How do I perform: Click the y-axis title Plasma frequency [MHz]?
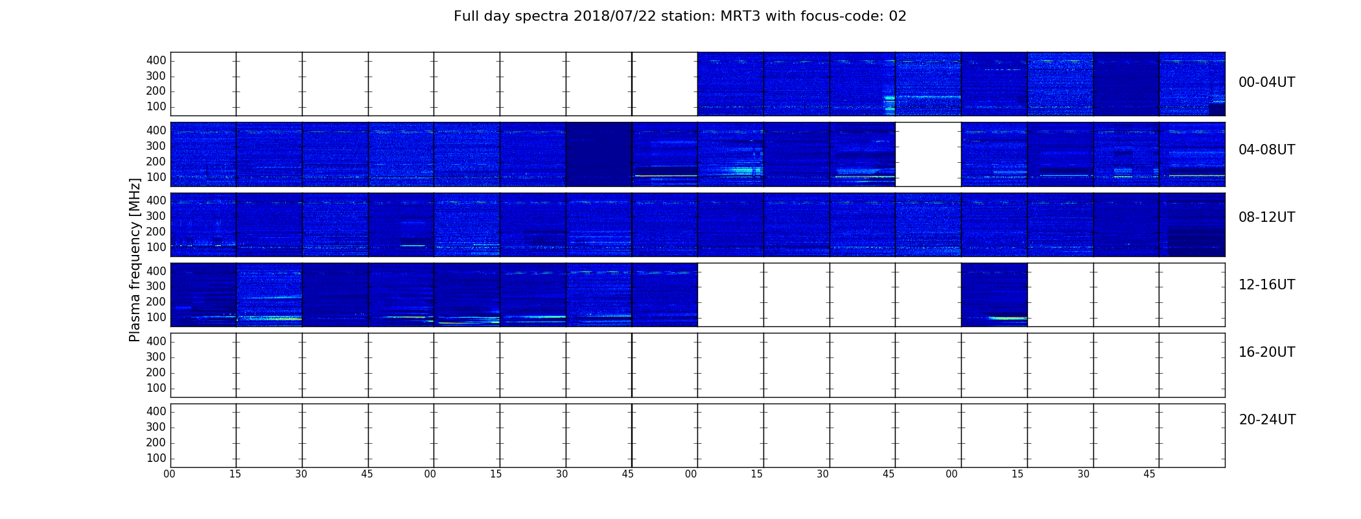click(135, 260)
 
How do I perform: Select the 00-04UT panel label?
click(1267, 82)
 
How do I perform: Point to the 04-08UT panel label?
click(1267, 150)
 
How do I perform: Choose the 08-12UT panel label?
click(1267, 217)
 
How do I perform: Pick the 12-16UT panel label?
click(1267, 285)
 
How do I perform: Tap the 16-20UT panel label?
click(1267, 352)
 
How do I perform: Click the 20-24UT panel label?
click(1267, 420)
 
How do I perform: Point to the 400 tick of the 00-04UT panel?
click(156, 60)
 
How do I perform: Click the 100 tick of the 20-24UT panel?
click(156, 458)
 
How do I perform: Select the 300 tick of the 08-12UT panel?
click(156, 216)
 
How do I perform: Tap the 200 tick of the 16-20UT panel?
click(156, 372)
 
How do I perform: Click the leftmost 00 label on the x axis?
click(170, 474)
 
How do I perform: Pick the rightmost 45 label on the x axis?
click(1149, 474)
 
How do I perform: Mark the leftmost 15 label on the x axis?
click(235, 474)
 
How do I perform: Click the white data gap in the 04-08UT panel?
click(928, 154)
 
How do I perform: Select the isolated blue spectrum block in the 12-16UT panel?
click(994, 295)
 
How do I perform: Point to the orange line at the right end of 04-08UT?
click(1196, 176)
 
